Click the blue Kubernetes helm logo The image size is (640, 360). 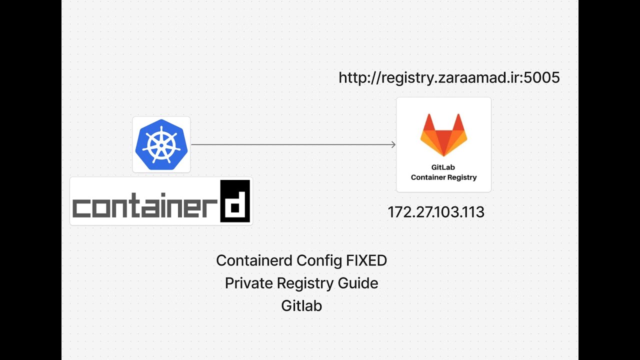(x=161, y=144)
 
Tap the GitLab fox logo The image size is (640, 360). (x=443, y=134)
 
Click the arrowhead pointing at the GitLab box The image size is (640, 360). (x=393, y=144)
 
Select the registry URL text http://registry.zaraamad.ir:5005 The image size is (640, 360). (x=449, y=78)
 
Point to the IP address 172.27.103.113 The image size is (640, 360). (x=436, y=212)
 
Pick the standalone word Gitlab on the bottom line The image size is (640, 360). (x=301, y=305)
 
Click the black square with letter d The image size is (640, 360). (x=235, y=201)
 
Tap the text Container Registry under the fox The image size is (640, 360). (x=443, y=177)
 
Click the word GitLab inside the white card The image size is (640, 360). (x=443, y=168)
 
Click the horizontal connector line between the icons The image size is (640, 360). (x=290, y=144)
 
